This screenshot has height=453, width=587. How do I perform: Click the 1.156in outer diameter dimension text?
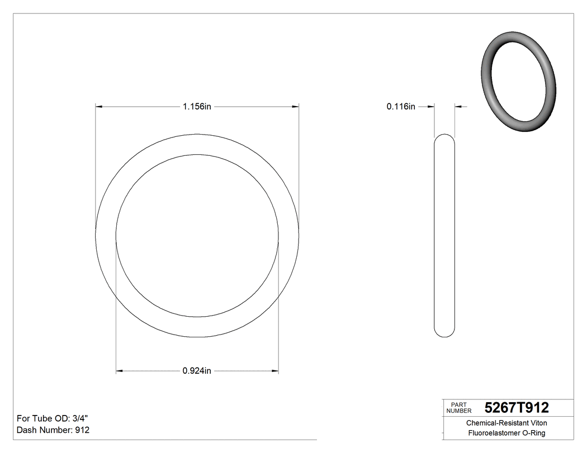tap(197, 107)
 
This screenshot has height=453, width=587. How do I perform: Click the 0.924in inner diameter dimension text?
tap(197, 371)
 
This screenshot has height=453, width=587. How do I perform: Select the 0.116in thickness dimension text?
tap(401, 107)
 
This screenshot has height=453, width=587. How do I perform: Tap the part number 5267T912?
tap(517, 408)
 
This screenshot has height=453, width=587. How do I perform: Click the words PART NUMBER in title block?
tap(458, 408)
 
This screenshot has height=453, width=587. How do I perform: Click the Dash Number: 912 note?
tap(53, 430)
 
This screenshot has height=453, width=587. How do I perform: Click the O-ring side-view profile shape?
tap(444, 235)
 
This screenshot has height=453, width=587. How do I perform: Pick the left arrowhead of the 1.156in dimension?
tap(99, 106)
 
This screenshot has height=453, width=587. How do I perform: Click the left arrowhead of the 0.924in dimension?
tap(119, 370)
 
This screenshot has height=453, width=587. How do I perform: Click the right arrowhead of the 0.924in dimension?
tap(275, 370)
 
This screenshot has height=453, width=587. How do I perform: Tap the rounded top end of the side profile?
tap(444, 137)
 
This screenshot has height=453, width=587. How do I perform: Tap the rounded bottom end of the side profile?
tap(444, 333)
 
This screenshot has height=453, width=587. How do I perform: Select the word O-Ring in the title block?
tap(533, 433)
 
